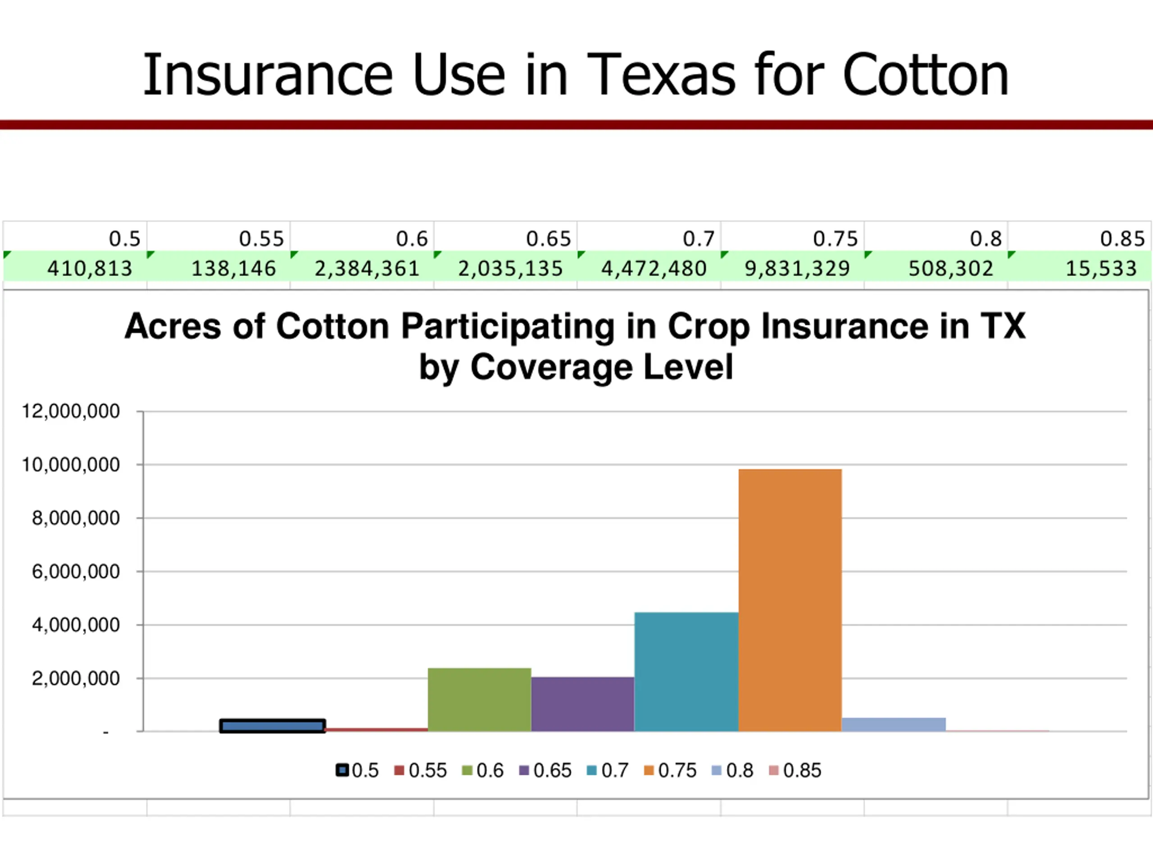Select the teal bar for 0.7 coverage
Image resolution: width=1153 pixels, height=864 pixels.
(x=686, y=672)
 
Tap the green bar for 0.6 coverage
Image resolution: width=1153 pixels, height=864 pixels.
(x=479, y=699)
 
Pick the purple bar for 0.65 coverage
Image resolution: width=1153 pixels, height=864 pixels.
(x=582, y=704)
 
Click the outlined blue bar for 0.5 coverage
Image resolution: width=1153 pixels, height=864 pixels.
(x=272, y=726)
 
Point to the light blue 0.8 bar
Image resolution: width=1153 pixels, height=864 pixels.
(x=894, y=724)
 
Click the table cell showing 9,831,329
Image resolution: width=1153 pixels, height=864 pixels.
(x=797, y=268)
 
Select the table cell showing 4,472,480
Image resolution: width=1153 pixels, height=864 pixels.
(x=654, y=268)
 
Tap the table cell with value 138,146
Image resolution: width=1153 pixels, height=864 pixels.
(x=233, y=268)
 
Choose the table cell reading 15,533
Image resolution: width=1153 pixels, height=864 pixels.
(x=1100, y=268)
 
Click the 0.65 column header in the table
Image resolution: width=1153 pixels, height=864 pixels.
(x=549, y=238)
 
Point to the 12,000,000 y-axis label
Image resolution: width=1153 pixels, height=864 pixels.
(x=70, y=411)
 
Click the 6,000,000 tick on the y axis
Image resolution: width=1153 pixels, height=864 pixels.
(x=76, y=571)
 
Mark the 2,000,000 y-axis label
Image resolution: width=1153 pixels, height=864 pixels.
(x=76, y=678)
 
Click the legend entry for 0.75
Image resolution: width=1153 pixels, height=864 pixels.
(x=671, y=770)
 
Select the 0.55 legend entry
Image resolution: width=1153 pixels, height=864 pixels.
(x=421, y=770)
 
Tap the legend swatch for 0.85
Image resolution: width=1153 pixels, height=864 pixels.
(x=773, y=770)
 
